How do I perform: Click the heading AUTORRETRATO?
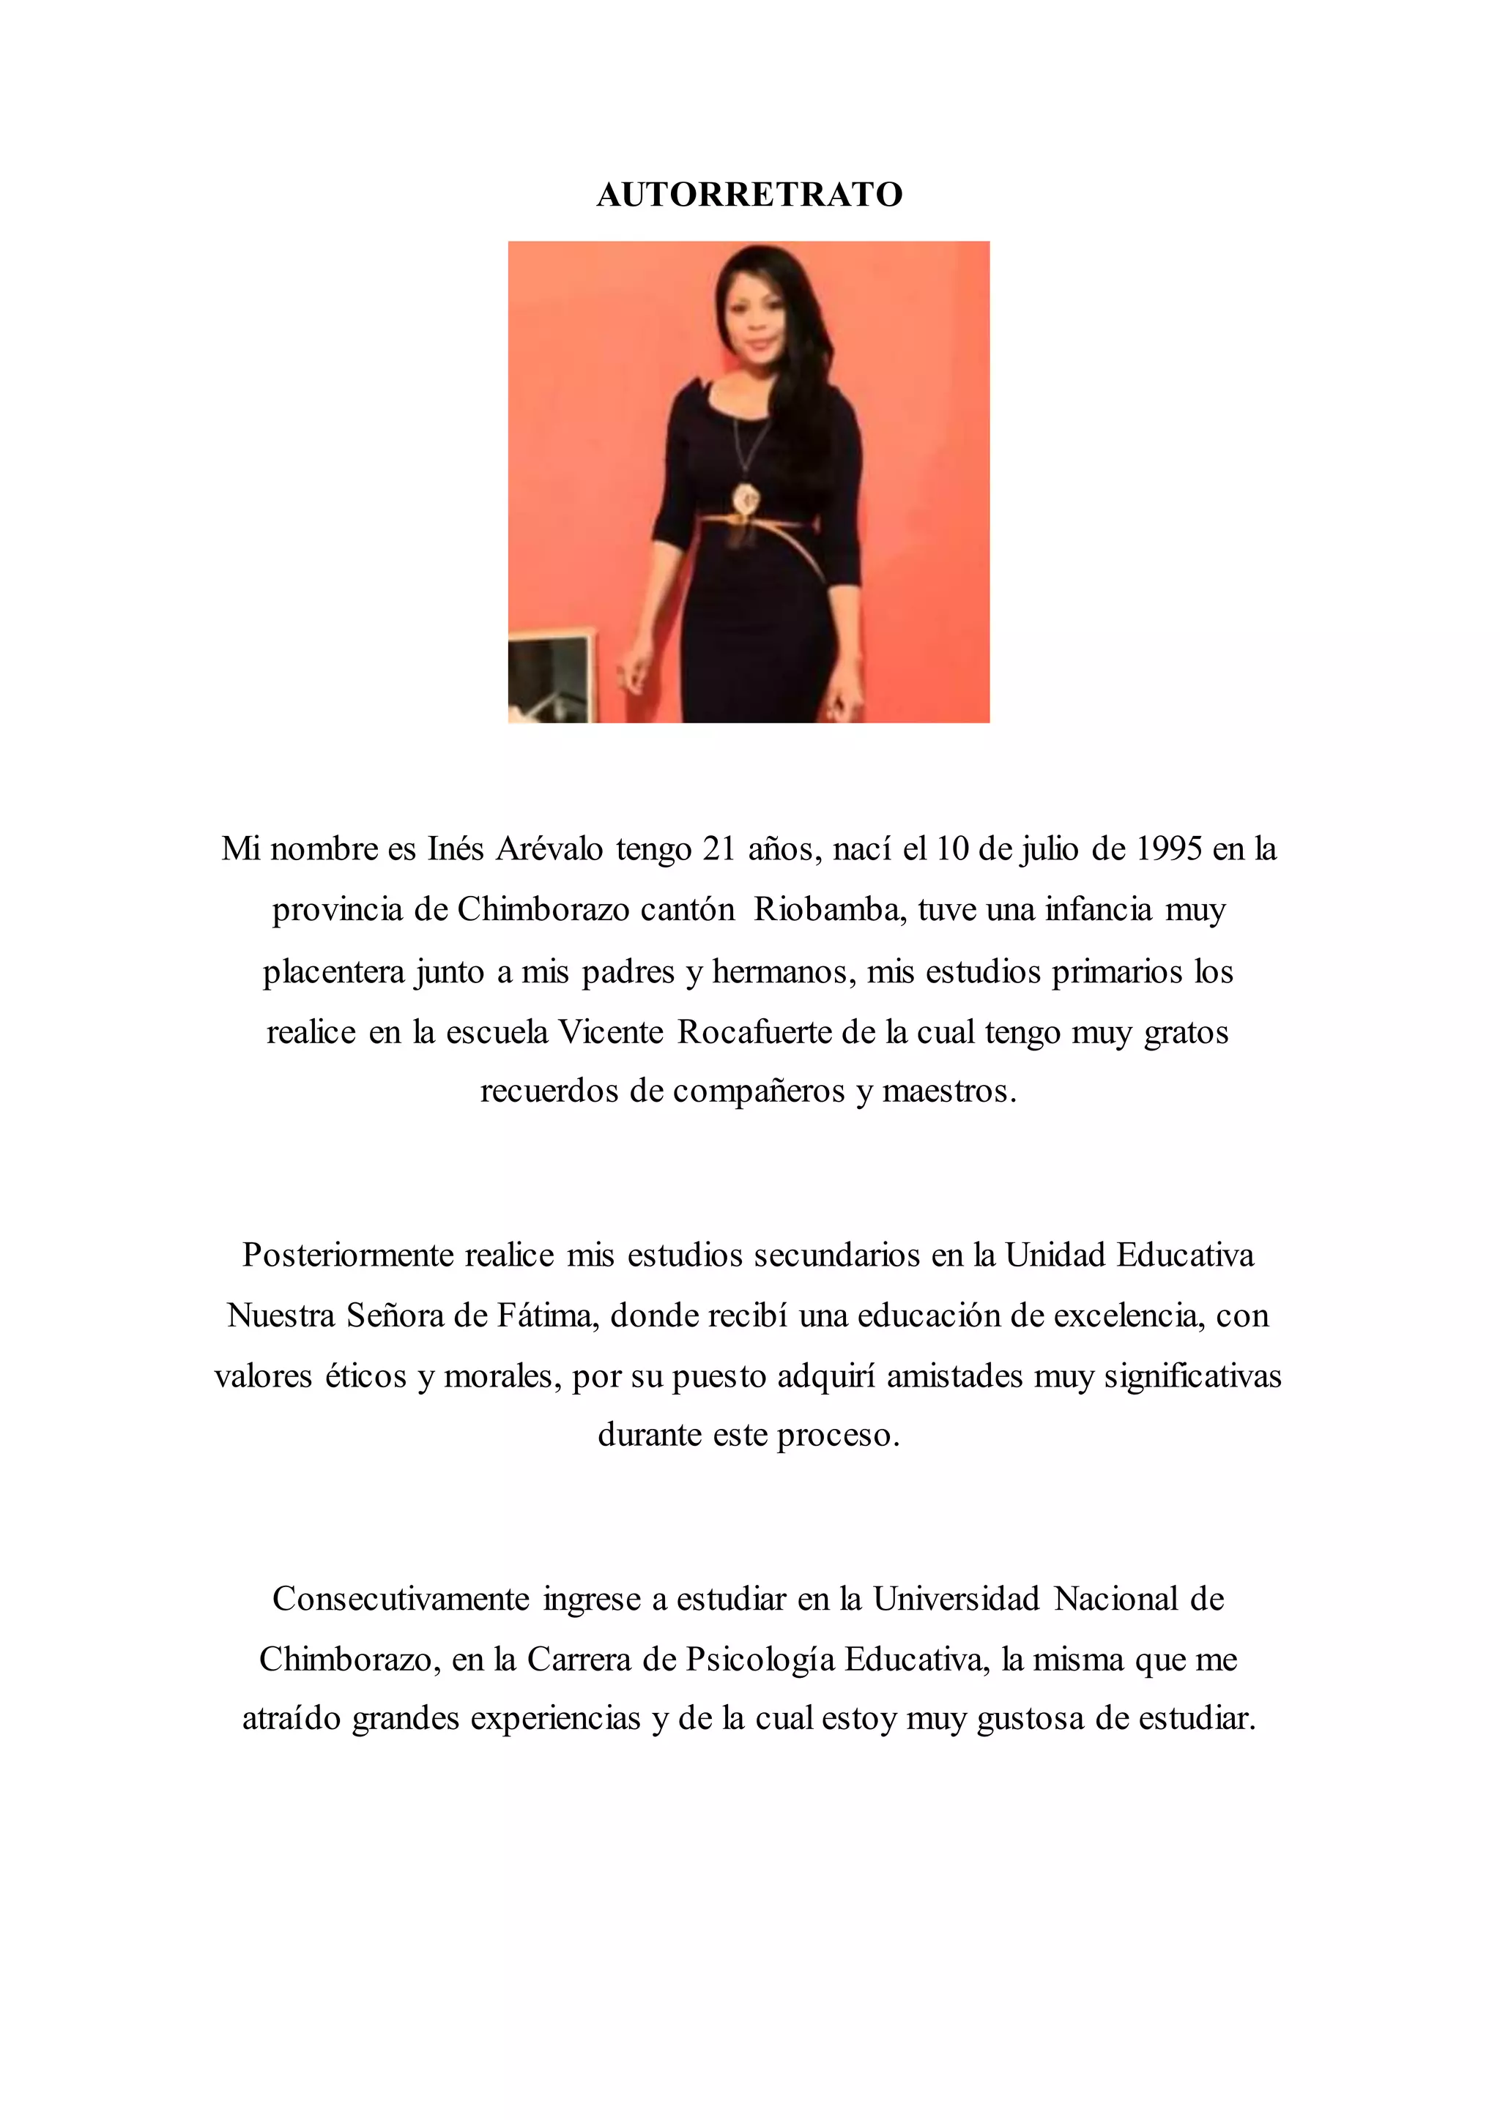click(x=749, y=195)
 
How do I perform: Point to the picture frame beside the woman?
click(x=552, y=676)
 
